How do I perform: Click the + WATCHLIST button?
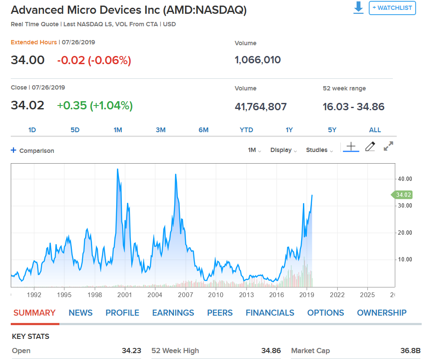coord(392,8)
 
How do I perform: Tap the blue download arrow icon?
coord(358,8)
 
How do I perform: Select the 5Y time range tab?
coord(332,130)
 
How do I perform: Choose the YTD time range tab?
coord(247,130)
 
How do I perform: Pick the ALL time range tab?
coord(375,130)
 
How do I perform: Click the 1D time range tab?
coord(32,130)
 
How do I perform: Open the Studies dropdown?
coord(319,150)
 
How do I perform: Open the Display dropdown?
coord(284,150)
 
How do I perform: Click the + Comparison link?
coord(33,151)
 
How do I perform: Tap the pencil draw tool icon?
coord(370,147)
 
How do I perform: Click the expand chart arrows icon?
coord(389,146)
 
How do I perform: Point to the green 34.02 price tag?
coord(403,195)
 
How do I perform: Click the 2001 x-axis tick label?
coord(125,295)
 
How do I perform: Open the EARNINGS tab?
coord(173,313)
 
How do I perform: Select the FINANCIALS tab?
coord(270,313)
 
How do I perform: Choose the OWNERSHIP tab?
coord(382,313)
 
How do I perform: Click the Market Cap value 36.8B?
coord(410,351)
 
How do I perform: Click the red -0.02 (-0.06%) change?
coord(94,60)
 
